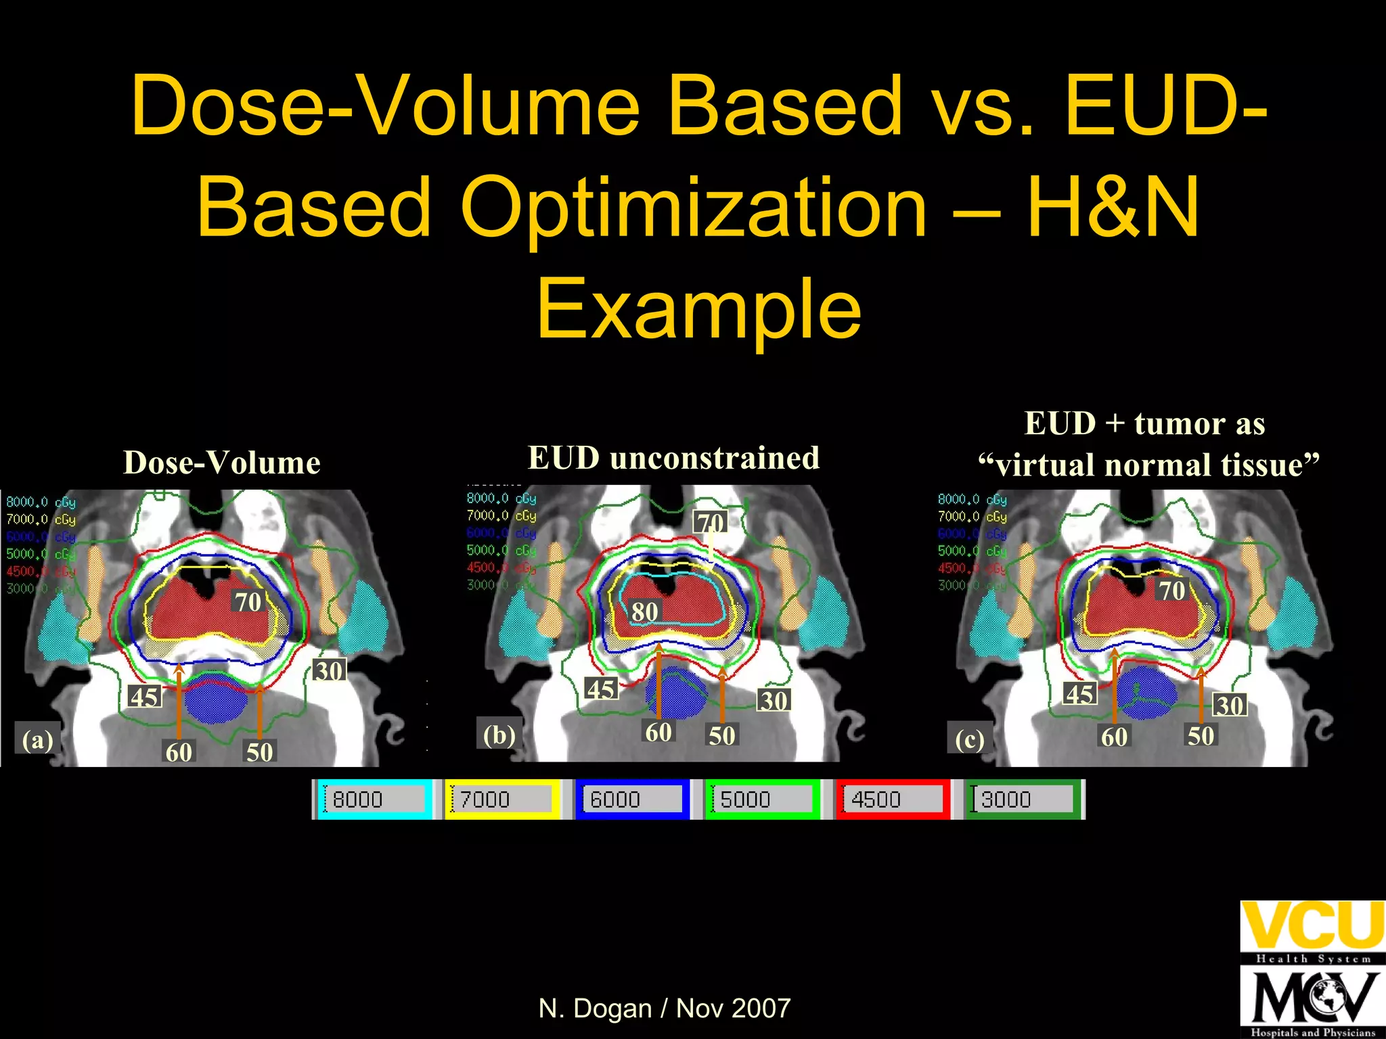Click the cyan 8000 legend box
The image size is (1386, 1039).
pyautogui.click(x=374, y=799)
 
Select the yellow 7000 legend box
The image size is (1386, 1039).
pyautogui.click(x=502, y=799)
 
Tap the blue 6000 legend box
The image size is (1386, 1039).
pyautogui.click(x=632, y=799)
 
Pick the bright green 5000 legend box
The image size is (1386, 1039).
pyautogui.click(x=762, y=799)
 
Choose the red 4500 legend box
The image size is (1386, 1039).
pyautogui.click(x=893, y=799)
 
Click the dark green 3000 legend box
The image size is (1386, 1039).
pyautogui.click(x=1023, y=799)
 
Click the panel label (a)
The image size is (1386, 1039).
pyautogui.click(x=37, y=739)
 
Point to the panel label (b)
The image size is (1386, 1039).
pyautogui.click(x=499, y=734)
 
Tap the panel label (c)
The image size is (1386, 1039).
pyautogui.click(x=970, y=739)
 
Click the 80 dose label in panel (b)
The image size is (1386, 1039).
pyautogui.click(x=644, y=611)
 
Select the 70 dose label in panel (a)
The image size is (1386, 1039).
pyautogui.click(x=248, y=601)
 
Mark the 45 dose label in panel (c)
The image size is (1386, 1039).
pyautogui.click(x=1079, y=693)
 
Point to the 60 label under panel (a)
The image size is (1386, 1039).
pyautogui.click(x=179, y=752)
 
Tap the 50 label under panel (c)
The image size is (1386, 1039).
pyautogui.click(x=1201, y=735)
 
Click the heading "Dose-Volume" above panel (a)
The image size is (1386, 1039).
pyautogui.click(x=221, y=463)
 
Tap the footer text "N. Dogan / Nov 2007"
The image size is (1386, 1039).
pyautogui.click(x=664, y=1008)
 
